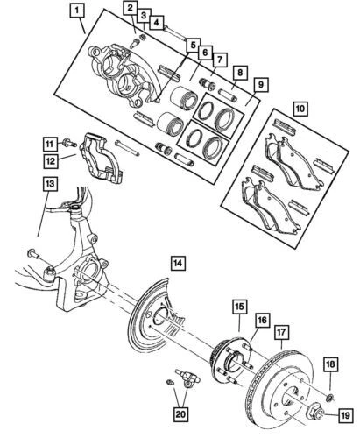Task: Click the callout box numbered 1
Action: click(x=76, y=12)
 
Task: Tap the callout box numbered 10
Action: click(x=300, y=109)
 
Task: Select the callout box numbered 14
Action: click(x=178, y=264)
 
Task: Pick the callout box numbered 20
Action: click(x=181, y=414)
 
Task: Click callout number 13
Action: click(x=50, y=184)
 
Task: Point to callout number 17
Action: click(x=282, y=332)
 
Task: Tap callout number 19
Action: click(x=345, y=415)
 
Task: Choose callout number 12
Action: click(x=51, y=160)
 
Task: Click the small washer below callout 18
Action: click(x=331, y=397)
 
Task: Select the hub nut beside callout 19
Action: click(x=317, y=411)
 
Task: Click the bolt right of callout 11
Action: click(x=69, y=143)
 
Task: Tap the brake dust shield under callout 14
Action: click(x=152, y=313)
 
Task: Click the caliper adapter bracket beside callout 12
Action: click(x=100, y=159)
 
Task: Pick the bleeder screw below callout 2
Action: click(x=136, y=43)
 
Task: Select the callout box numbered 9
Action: click(x=260, y=85)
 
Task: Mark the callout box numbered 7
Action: click(x=220, y=60)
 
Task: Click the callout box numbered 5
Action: click(x=193, y=46)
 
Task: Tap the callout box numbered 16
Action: click(x=263, y=320)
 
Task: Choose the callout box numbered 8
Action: click(x=240, y=73)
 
